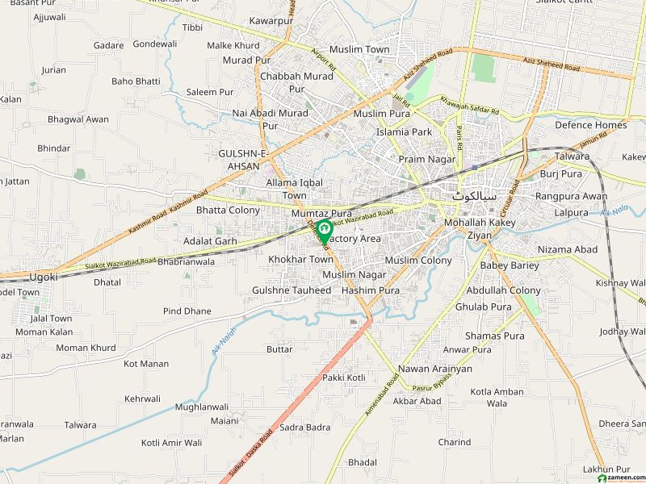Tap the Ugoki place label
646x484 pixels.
[44, 277]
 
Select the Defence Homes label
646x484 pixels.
[590, 125]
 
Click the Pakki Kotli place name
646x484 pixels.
[344, 378]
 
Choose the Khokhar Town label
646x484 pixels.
[301, 260]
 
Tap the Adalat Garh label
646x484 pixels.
[210, 241]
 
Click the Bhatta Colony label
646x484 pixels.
[229, 211]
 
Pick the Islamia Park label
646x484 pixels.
[404, 131]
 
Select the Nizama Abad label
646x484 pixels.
[568, 250]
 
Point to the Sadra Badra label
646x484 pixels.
[305, 427]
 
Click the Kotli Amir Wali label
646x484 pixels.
[171, 443]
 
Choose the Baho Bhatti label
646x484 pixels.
[136, 81]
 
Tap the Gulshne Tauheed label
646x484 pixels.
[292, 290]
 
